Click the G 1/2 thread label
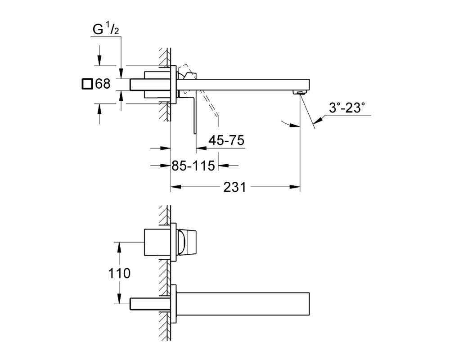(106, 29)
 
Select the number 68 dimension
(103, 84)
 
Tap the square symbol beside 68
(87, 84)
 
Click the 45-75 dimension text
(226, 140)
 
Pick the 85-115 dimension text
(193, 166)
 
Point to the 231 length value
(235, 187)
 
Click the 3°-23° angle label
(347, 108)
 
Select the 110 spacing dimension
(119, 273)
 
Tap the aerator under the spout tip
(299, 92)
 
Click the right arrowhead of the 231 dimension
(295, 187)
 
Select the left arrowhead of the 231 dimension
(176, 187)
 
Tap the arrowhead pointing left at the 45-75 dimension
(201, 148)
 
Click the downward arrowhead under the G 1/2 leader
(121, 73)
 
